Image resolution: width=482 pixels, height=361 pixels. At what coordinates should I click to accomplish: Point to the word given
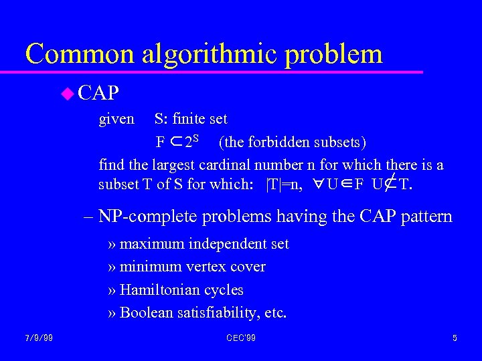[116, 120]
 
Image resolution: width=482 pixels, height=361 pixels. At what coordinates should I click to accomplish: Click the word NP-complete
[151, 217]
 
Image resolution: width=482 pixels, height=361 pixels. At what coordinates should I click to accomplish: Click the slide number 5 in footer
[455, 338]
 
